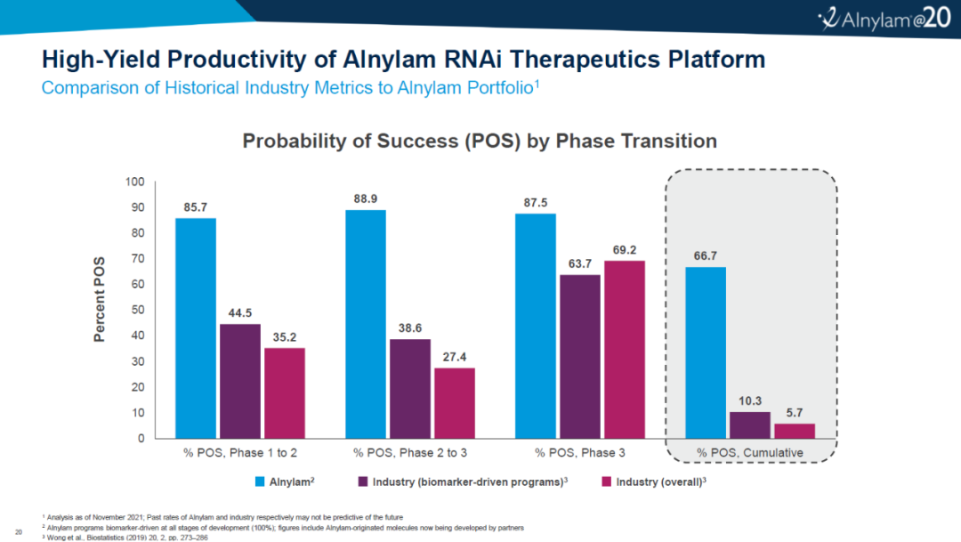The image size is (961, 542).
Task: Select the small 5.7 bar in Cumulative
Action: click(794, 431)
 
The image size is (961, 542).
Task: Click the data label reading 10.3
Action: click(749, 399)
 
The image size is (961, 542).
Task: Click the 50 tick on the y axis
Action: click(138, 311)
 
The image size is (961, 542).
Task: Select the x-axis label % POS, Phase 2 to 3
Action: click(409, 453)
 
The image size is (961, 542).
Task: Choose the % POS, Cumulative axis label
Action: click(750, 453)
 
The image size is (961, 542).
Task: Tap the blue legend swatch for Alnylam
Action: click(260, 481)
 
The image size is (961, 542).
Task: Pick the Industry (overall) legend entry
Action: click(654, 481)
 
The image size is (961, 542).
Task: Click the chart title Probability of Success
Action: click(480, 141)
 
